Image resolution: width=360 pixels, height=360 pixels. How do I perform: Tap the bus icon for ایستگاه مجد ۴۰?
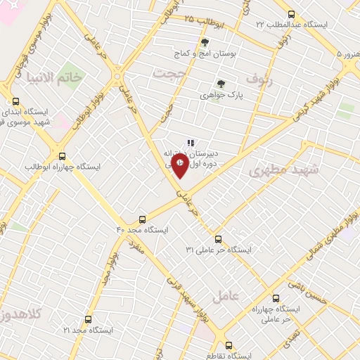point(143,219)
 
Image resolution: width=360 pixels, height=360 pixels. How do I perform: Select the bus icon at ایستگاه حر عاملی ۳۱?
point(218,239)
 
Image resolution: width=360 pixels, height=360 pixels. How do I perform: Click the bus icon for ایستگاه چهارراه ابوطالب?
point(63,157)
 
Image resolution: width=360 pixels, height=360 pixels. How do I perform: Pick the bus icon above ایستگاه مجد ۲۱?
point(88,319)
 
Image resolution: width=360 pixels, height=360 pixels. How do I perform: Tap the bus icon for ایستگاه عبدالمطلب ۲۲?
point(292,14)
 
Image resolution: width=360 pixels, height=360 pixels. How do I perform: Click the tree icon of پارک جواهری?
point(221,83)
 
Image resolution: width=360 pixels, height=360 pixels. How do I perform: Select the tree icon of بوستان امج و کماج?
point(205,42)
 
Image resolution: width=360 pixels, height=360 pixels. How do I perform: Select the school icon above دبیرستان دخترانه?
point(191,143)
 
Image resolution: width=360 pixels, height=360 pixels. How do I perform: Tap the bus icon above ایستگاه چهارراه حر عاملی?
point(275,298)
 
